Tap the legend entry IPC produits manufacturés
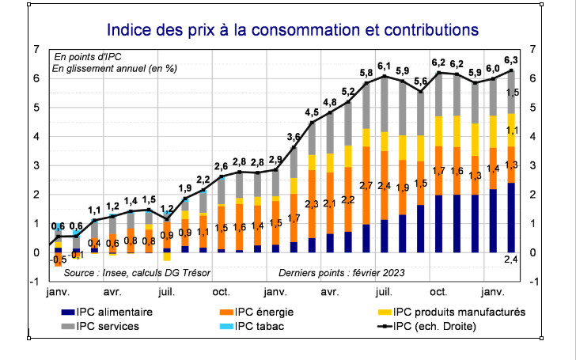[x=459, y=312]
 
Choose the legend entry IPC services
[x=108, y=326]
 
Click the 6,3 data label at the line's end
[x=511, y=60]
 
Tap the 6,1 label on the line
[x=385, y=66]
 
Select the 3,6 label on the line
[x=294, y=137]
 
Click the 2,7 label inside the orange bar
[x=366, y=186]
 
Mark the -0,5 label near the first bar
[x=59, y=260]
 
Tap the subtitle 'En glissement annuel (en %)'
[x=115, y=69]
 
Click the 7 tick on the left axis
[x=36, y=49]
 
